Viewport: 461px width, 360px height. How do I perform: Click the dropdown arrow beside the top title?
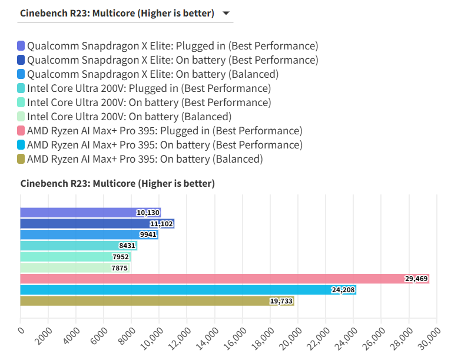point(226,13)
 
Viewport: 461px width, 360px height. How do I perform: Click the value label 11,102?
point(162,224)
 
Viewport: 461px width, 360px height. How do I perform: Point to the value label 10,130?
point(148,213)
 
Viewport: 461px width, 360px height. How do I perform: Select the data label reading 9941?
point(148,235)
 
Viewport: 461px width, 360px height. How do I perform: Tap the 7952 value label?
point(121,257)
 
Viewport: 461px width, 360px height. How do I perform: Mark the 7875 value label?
point(120,268)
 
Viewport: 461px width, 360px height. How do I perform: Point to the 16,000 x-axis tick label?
point(235,339)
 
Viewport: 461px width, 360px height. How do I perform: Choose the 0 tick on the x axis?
point(21,330)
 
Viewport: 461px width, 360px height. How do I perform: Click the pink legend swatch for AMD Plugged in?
point(21,131)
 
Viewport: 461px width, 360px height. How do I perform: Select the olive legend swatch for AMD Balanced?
point(21,159)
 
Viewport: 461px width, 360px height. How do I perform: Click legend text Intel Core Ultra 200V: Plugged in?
point(149,88)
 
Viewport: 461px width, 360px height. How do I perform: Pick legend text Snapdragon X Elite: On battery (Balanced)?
point(153,74)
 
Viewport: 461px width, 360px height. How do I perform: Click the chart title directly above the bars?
point(118,184)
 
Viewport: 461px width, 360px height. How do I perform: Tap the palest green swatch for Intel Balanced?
point(21,117)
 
